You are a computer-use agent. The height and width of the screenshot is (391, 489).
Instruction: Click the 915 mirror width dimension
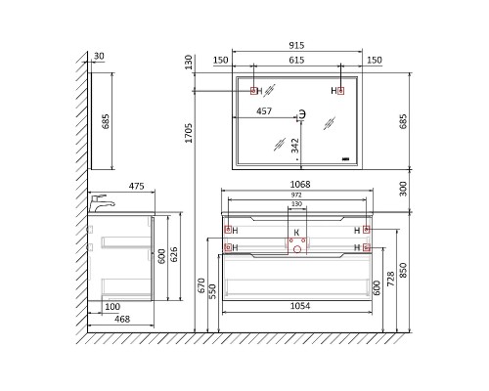click(x=296, y=45)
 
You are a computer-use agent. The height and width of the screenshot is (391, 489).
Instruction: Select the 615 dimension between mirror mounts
click(x=296, y=60)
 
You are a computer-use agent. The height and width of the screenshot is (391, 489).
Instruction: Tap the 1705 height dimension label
click(x=189, y=133)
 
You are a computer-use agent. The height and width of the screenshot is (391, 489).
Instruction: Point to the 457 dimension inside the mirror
click(x=264, y=111)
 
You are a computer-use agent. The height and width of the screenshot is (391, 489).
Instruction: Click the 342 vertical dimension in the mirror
click(x=294, y=146)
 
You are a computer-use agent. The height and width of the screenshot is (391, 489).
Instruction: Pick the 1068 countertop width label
click(x=300, y=185)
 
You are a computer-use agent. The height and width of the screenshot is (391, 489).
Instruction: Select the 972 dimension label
click(x=296, y=195)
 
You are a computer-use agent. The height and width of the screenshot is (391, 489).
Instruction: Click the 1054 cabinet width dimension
click(x=300, y=306)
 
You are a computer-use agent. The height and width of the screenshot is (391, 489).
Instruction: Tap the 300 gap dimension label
click(x=403, y=189)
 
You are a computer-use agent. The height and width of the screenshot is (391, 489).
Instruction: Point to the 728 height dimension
click(x=390, y=279)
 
